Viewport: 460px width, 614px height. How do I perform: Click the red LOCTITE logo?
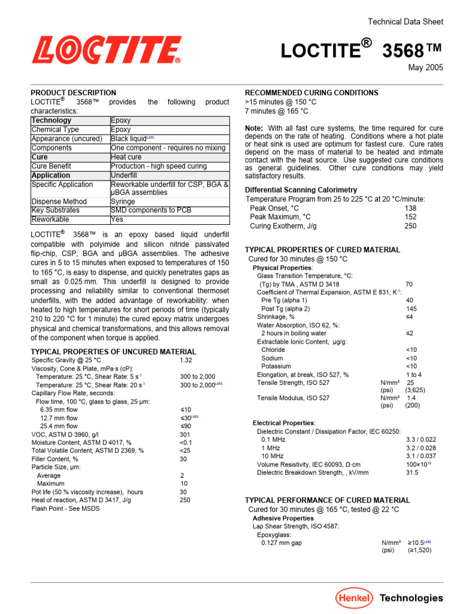[107, 50]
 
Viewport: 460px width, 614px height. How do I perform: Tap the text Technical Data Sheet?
[405, 22]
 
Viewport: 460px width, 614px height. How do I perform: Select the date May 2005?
[426, 68]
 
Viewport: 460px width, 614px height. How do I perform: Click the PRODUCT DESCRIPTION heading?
[74, 93]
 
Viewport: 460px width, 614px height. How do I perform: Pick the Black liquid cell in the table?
[129, 139]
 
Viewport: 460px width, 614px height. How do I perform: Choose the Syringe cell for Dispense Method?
[123, 201]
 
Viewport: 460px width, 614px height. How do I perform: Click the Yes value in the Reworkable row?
[117, 219]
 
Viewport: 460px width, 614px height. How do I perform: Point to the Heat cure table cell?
[126, 157]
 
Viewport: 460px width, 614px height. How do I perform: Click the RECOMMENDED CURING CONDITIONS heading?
[311, 93]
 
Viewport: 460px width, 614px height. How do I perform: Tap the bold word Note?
[255, 128]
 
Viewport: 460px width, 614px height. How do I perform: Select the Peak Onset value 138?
[410, 208]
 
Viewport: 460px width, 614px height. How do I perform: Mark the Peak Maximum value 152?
[410, 217]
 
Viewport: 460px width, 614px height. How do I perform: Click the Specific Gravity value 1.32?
[186, 360]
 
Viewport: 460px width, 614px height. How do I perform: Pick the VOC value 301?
[185, 434]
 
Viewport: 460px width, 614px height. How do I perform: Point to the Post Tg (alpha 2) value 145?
[411, 309]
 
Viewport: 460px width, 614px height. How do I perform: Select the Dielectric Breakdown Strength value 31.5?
[411, 472]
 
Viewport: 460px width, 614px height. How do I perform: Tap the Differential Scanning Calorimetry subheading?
[301, 190]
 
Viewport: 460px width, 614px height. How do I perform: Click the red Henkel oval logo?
[354, 598]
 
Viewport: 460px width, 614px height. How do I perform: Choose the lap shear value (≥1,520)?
[419, 550]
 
